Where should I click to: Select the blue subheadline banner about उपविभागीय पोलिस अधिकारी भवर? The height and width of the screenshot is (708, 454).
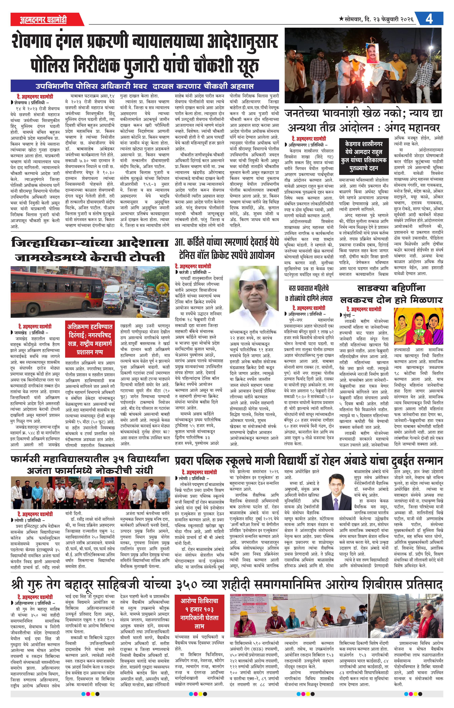pos(144,86)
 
